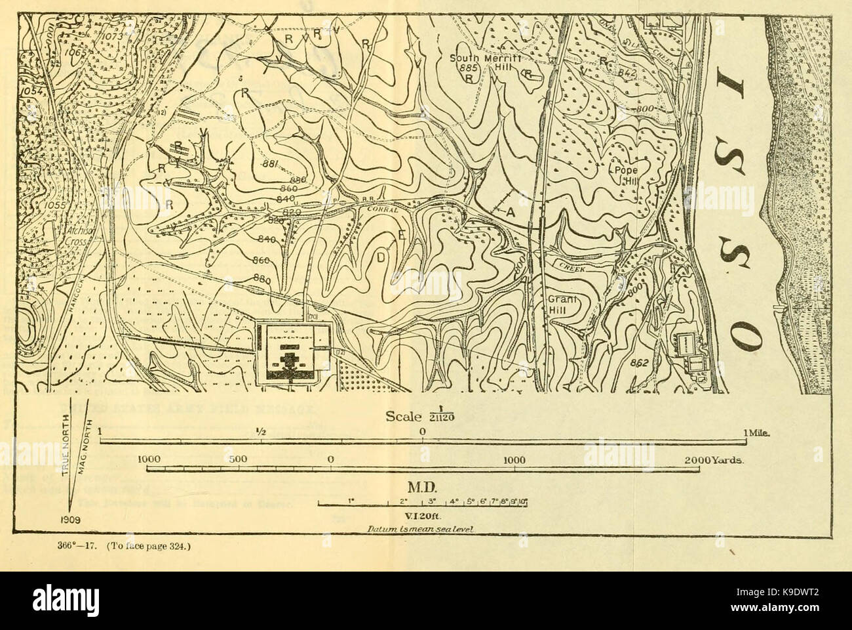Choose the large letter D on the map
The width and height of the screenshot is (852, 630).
click(x=381, y=257)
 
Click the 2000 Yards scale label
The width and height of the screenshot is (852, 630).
click(x=712, y=460)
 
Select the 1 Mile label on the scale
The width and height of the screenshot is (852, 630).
click(x=754, y=432)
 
